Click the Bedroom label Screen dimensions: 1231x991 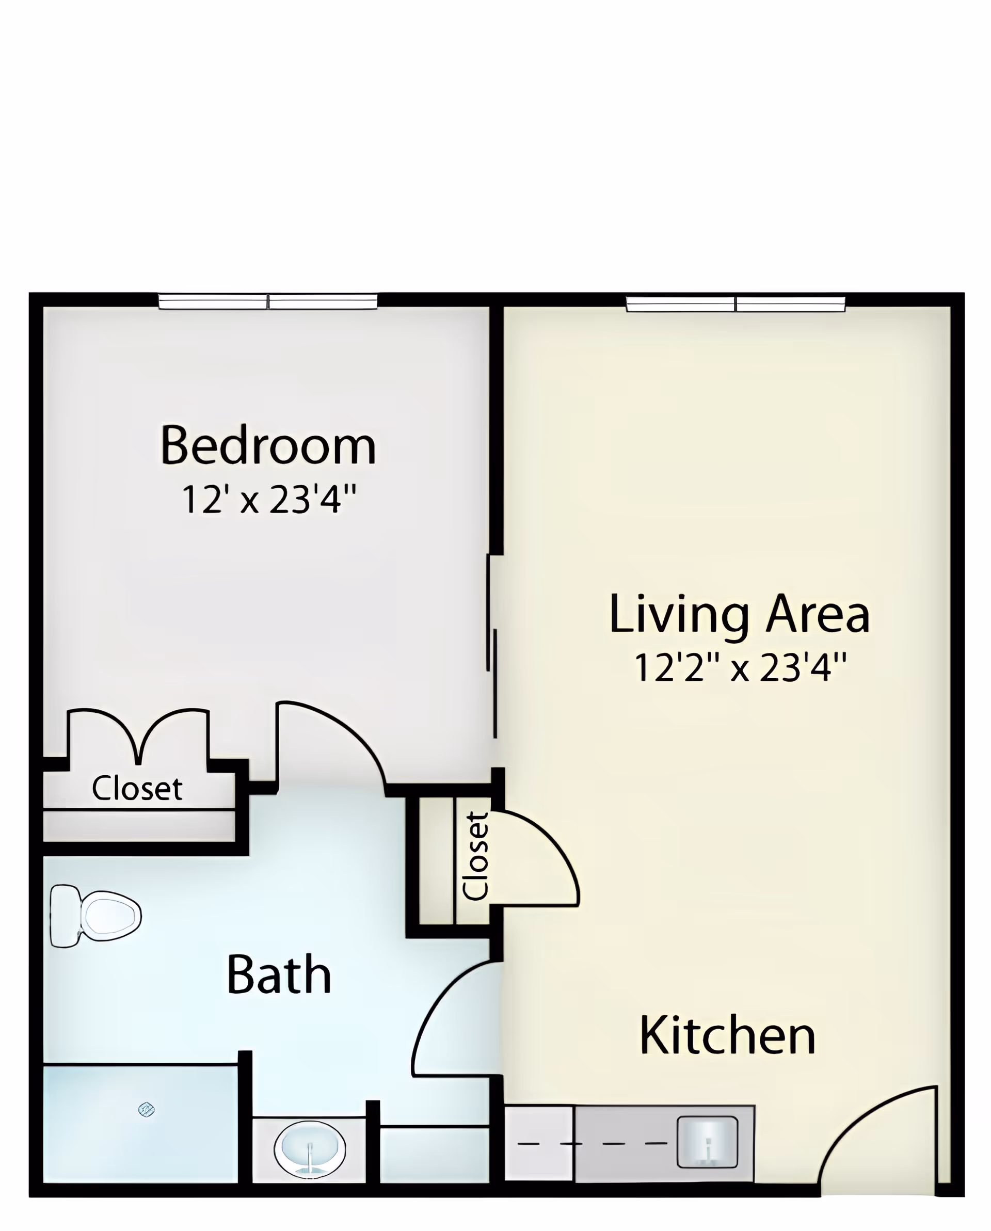[268, 446]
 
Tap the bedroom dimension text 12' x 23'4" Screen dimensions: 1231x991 [268, 500]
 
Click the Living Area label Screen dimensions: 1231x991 [739, 614]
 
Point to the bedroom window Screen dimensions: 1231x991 [268, 301]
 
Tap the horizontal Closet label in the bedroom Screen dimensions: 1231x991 [137, 789]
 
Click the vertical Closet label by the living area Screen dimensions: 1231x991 [476, 856]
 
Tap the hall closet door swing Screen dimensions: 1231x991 [534, 862]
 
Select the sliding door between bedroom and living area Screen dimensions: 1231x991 [491, 645]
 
